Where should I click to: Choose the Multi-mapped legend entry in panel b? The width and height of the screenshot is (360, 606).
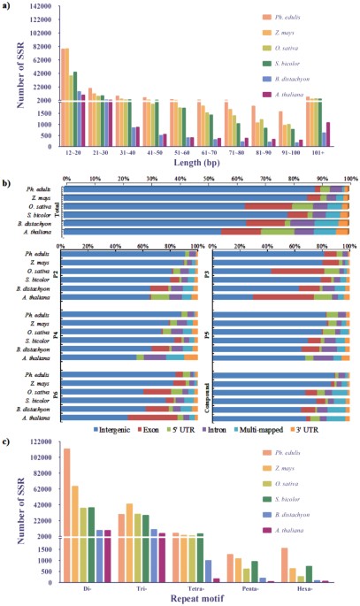[x=264, y=428]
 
